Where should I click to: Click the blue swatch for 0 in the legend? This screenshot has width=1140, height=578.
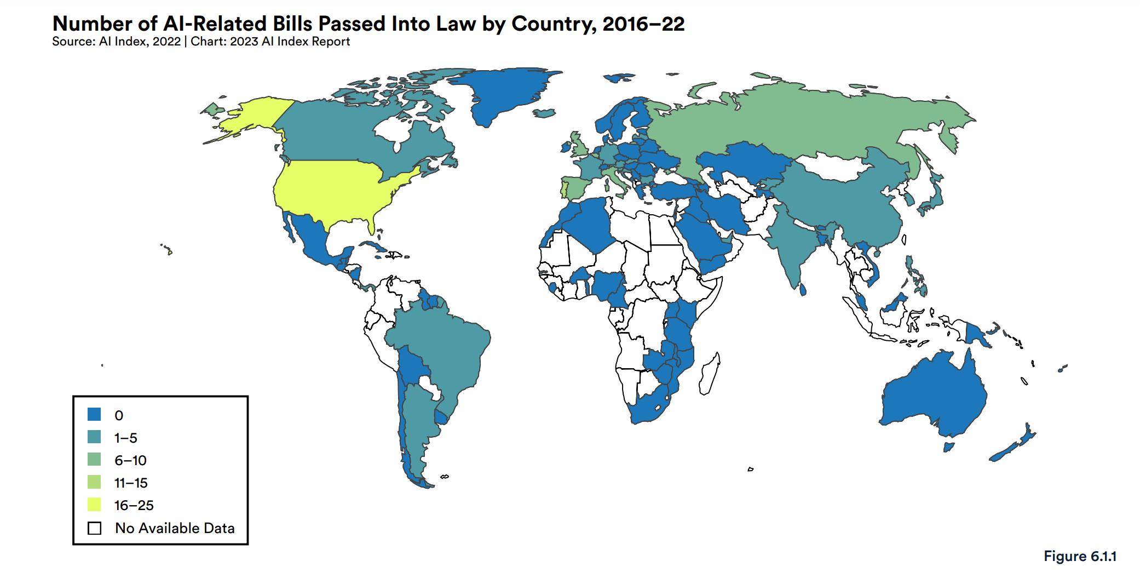[x=94, y=414]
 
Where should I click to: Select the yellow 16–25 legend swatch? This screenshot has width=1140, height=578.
[x=94, y=504]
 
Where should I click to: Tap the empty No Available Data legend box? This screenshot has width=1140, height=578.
[x=95, y=528]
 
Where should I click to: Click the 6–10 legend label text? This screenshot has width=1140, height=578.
[x=130, y=460]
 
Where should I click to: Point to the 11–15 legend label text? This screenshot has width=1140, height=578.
[x=131, y=483]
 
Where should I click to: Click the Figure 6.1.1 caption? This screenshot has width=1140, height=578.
[x=1079, y=556]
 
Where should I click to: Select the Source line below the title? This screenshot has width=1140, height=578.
[x=200, y=42]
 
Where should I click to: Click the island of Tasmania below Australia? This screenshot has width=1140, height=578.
[x=948, y=447]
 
